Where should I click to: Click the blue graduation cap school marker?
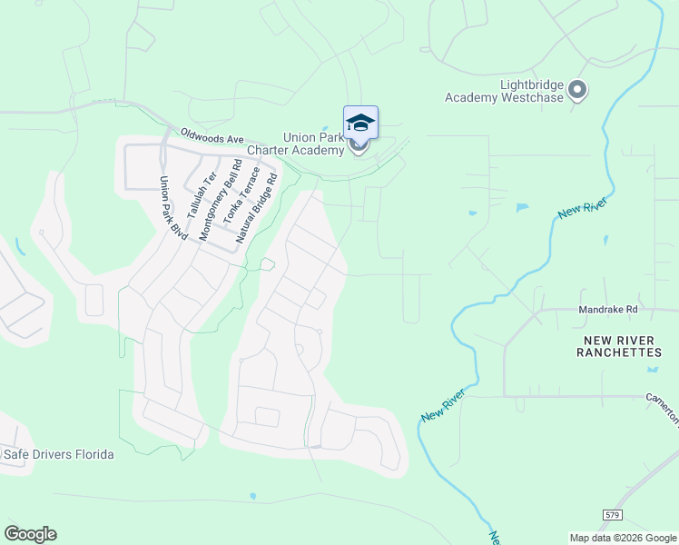[x=360, y=123]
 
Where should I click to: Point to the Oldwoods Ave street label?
[x=212, y=136]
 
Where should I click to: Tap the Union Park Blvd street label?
[x=172, y=208]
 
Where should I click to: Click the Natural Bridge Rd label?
[x=256, y=208]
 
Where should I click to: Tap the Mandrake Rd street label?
[x=609, y=310]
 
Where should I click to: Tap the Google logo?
[x=30, y=534]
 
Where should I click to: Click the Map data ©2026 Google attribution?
[x=623, y=538]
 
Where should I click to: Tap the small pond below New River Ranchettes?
[x=653, y=369]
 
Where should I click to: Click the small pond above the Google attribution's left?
[x=252, y=497]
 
